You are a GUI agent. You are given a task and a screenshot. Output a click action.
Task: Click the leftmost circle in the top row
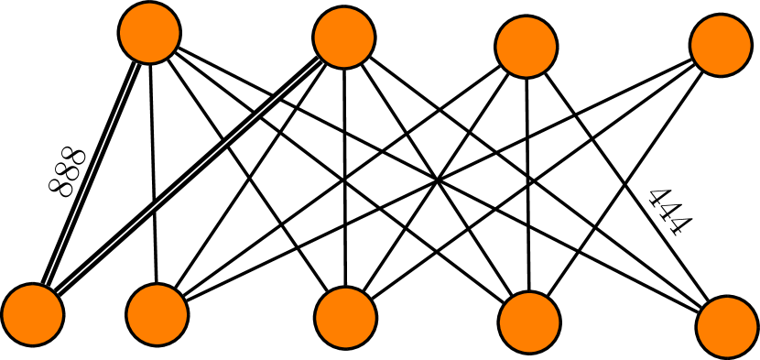pos(149,33)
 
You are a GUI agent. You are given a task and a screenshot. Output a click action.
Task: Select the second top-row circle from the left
pos(344,38)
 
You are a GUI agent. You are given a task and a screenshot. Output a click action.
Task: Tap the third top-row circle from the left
pos(527,47)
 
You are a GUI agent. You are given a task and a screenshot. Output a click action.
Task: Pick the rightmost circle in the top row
pos(721,45)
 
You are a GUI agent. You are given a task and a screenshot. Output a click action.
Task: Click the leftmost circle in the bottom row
pos(33,314)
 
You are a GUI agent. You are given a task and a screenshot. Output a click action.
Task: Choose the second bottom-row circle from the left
pos(157,314)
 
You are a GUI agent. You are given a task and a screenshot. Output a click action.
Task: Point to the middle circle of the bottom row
pos(346,318)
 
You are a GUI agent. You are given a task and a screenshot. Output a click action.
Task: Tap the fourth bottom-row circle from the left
pos(529,322)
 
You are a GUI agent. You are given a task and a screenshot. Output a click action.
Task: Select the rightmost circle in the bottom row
pos(727,327)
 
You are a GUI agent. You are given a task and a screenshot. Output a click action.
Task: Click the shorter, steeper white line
pos(91,174)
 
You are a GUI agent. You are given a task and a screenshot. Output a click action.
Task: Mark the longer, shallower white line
pos(188,177)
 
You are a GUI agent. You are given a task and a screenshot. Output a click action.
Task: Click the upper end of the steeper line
pos(136,64)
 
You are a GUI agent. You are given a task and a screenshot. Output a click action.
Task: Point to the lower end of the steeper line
pos(46,284)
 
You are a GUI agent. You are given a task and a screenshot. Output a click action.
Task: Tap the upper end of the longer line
pos(320,60)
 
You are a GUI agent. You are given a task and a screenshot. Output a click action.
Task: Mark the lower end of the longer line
pos(57,293)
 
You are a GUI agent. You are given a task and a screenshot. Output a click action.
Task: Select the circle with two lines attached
pos(33,314)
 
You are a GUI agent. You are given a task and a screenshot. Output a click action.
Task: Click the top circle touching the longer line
pos(344,38)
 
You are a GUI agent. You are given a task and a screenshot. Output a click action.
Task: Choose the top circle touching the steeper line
pos(149,33)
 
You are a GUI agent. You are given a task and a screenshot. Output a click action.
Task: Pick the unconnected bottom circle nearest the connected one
pos(157,314)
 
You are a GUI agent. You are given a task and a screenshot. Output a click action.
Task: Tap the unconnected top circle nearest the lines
pos(527,47)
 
